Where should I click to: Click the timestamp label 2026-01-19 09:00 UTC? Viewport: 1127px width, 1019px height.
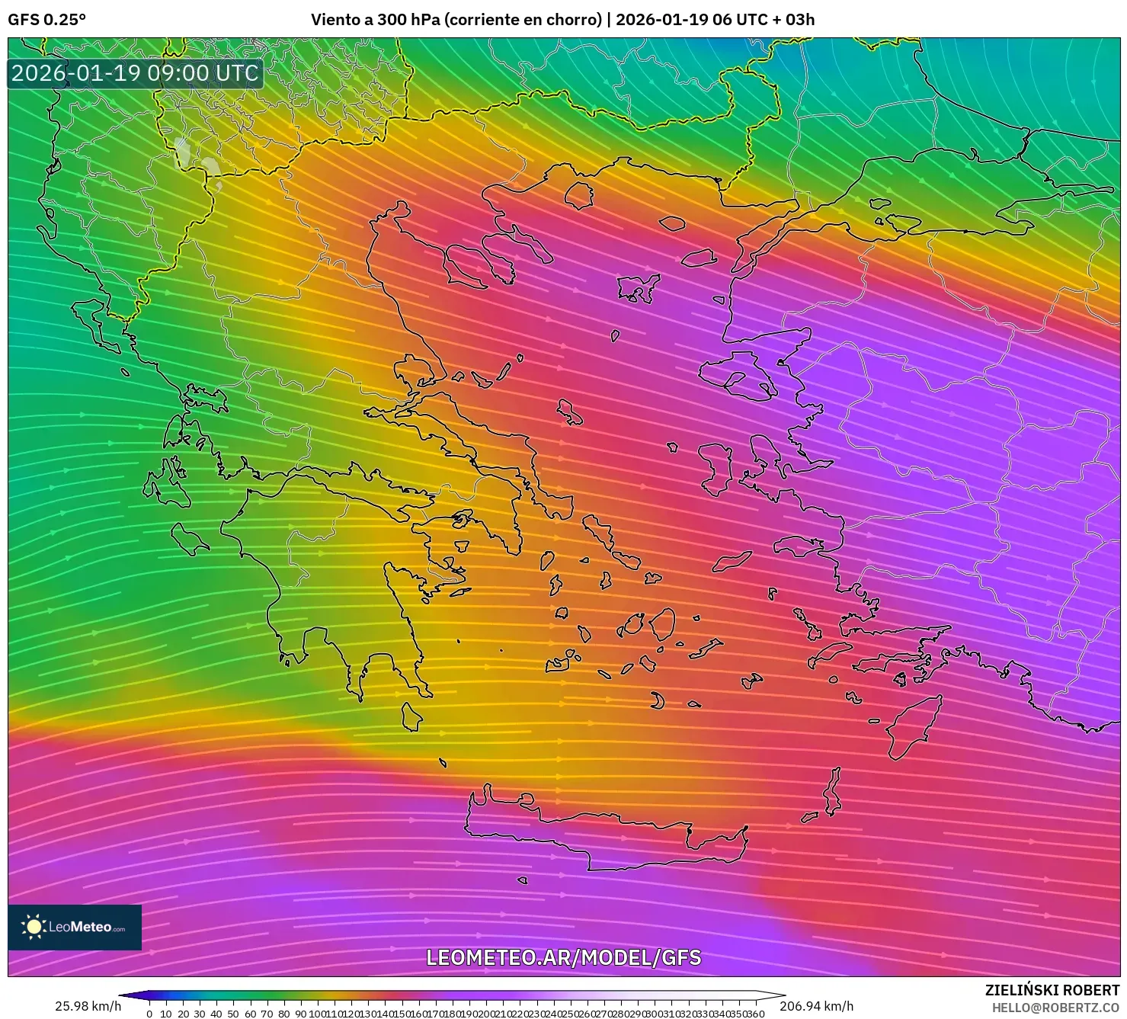point(135,73)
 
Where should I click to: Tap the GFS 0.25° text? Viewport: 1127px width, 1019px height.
point(46,19)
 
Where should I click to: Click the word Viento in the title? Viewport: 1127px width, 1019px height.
point(334,19)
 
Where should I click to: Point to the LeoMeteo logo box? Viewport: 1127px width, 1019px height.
point(75,927)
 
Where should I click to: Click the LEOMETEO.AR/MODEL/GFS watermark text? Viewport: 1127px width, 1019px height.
point(563,957)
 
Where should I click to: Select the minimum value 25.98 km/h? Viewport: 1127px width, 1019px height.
point(88,1006)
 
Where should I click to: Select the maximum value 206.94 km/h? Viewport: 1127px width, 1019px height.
point(816,1006)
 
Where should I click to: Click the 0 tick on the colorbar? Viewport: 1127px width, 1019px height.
point(149,1014)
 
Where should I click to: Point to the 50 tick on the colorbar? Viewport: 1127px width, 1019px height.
point(233,1014)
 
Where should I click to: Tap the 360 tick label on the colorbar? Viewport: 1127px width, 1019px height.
point(755,1014)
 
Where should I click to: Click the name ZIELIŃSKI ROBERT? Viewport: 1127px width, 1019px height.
point(1052,990)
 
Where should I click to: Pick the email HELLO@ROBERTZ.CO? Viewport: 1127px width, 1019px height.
point(1055,1008)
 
